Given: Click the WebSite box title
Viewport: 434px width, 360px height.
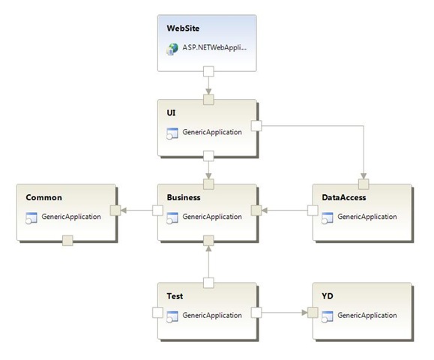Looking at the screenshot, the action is coord(183,28).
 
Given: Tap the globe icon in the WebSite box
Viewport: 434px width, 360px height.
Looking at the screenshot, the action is coord(172,49).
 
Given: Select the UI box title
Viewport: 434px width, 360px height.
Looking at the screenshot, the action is coord(171,113).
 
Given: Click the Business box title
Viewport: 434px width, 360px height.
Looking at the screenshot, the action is coord(184,197).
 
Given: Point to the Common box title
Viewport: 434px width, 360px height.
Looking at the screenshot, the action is coord(43,197).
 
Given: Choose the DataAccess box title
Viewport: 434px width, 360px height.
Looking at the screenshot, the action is coord(344,197).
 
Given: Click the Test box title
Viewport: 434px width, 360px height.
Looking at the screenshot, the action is coord(175,296).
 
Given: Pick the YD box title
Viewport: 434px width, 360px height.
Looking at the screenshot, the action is coord(327,296).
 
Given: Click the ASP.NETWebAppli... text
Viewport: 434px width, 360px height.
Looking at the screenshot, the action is coord(214,48).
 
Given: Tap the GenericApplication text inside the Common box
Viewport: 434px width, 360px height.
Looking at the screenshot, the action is coord(71,217).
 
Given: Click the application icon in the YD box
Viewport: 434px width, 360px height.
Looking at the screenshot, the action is coord(327,316).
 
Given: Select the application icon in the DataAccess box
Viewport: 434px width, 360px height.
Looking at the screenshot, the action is coord(327,218).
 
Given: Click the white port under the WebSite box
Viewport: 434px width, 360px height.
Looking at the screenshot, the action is coord(208,71).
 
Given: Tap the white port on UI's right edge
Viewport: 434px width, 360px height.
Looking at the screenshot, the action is coord(256,126).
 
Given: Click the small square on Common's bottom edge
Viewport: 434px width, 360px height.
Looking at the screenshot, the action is coord(67,240).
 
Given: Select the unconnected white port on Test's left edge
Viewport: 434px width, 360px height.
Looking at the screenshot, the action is coord(157,313).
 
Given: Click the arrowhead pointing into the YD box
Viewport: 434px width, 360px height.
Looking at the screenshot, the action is coord(304,313).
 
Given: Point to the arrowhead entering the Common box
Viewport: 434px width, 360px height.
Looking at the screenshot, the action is coord(124,211).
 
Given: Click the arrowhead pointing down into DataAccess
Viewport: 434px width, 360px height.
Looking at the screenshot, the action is coord(364,176).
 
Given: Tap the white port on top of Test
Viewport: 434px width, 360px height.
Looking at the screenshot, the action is coord(208,283).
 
